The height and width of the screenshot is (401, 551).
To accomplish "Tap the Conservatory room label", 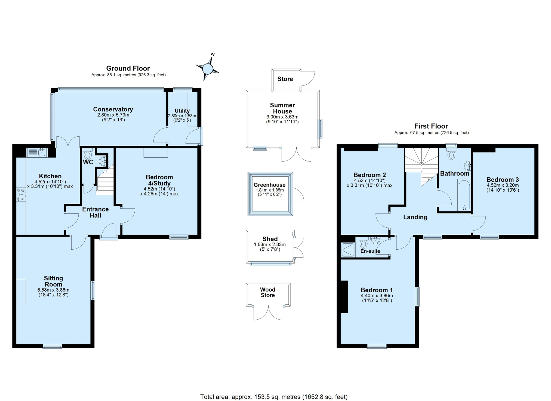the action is pyautogui.click(x=113, y=109).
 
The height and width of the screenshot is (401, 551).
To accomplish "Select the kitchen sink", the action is pyautogui.click(x=37, y=152).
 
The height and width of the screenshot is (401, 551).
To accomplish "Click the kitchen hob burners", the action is pyautogui.click(x=21, y=195).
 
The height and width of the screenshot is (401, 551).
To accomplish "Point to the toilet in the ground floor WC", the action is pyautogui.click(x=88, y=154).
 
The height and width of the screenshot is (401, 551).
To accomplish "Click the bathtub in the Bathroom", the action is pyautogui.click(x=464, y=195).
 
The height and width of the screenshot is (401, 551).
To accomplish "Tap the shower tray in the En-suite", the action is pyautogui.click(x=348, y=250).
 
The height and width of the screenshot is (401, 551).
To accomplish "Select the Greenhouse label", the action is pyautogui.click(x=270, y=185).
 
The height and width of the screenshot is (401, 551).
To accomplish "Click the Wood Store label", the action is pyautogui.click(x=268, y=292).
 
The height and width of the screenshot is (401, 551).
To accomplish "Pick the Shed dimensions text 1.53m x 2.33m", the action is pyautogui.click(x=270, y=244).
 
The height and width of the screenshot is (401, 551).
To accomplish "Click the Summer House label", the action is pyautogui.click(x=282, y=108).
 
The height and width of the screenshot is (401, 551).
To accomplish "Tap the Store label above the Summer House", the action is pyautogui.click(x=285, y=79).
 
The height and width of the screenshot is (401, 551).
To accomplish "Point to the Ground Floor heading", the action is pyautogui.click(x=128, y=68).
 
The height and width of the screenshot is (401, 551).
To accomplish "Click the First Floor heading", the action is pyautogui.click(x=431, y=126).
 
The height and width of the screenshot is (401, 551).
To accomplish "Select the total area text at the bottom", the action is pyautogui.click(x=274, y=397).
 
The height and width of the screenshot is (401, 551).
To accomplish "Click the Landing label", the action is pyautogui.click(x=415, y=217).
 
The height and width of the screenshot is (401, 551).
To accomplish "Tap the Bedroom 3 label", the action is pyautogui.click(x=503, y=180).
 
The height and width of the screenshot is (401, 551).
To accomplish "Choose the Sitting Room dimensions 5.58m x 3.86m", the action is pyautogui.click(x=53, y=290).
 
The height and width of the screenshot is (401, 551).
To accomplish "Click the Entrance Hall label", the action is pyautogui.click(x=96, y=212).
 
